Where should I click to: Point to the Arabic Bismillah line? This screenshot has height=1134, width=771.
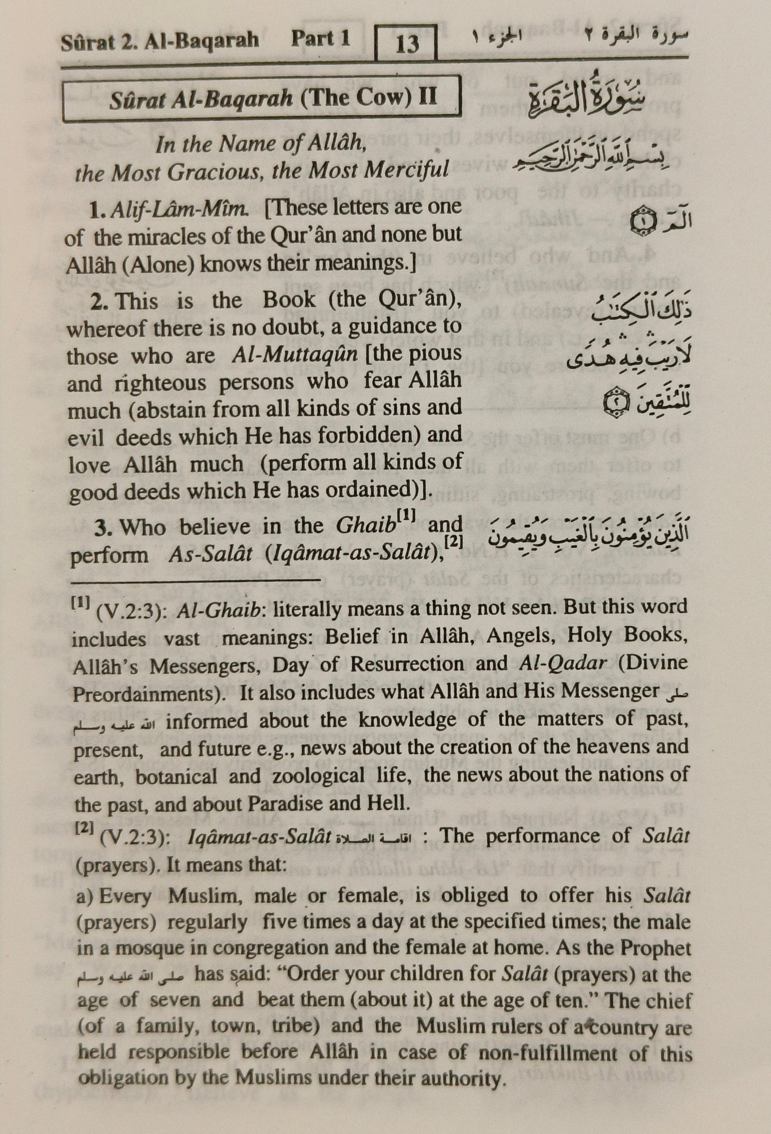[x=591, y=164]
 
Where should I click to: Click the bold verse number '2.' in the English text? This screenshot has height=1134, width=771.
[x=101, y=301]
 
